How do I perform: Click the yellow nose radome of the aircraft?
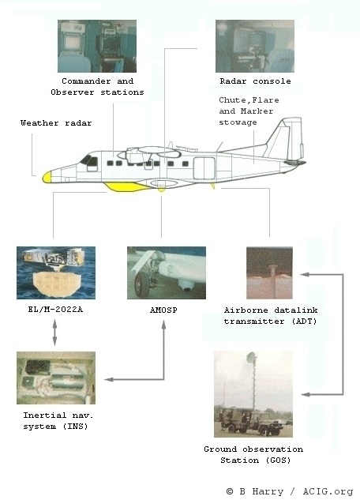(47, 177)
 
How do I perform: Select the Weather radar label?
(56, 123)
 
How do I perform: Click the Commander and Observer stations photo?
(97, 47)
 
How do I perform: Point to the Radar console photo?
(255, 47)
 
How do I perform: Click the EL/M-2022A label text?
(55, 310)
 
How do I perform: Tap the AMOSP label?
(163, 310)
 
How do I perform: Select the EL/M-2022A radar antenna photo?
(56, 273)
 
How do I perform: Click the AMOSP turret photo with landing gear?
(167, 273)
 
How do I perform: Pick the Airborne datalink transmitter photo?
(269, 273)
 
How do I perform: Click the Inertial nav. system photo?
(56, 378)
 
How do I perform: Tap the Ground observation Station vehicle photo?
(253, 394)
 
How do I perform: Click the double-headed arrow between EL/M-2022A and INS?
(54, 333)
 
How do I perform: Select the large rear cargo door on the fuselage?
(204, 168)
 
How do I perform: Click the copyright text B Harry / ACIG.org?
(290, 491)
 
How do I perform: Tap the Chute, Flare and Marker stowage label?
(249, 111)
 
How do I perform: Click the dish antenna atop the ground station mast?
(251, 357)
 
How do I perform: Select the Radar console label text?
(255, 81)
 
